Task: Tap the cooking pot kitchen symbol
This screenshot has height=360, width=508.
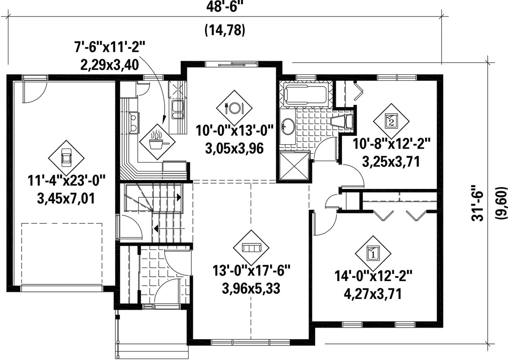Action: click(x=157, y=141)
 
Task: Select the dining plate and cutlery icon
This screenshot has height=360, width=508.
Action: click(x=234, y=108)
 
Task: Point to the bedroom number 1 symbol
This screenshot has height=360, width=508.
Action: click(x=373, y=253)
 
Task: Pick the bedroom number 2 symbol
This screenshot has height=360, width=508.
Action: click(x=391, y=121)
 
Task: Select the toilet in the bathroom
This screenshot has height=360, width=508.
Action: click(x=342, y=122)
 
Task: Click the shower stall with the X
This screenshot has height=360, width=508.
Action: click(x=294, y=166)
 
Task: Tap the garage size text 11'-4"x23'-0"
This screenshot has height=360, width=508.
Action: click(x=66, y=180)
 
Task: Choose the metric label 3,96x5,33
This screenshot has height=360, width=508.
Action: click(x=251, y=288)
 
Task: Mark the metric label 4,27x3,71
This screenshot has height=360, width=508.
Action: click(x=373, y=294)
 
